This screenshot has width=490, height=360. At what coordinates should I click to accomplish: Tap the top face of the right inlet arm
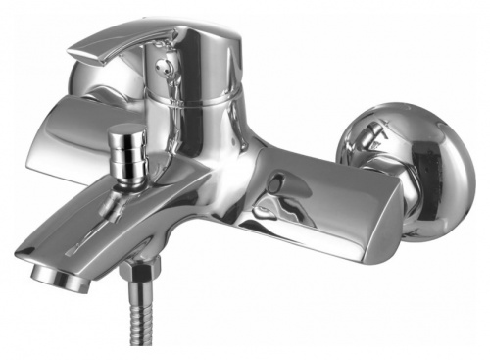coord(323,162)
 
